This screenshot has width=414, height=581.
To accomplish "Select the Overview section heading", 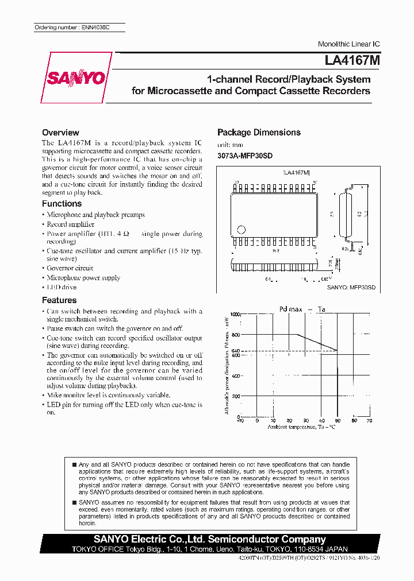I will (x=60, y=133).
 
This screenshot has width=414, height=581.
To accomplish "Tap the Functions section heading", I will (x=62, y=204).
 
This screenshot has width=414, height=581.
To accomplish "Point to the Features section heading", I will (x=59, y=300).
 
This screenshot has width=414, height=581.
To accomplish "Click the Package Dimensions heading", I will (x=259, y=133).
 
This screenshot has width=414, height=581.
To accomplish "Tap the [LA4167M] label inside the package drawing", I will (x=297, y=172).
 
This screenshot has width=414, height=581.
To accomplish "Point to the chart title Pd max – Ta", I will (x=302, y=309).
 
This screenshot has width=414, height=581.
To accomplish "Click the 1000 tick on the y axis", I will (x=236, y=314).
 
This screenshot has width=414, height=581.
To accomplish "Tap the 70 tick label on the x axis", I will (x=369, y=421).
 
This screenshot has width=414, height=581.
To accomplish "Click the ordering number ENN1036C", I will (x=79, y=28).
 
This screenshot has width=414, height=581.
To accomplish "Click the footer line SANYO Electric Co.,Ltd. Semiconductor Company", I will (x=210, y=540).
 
